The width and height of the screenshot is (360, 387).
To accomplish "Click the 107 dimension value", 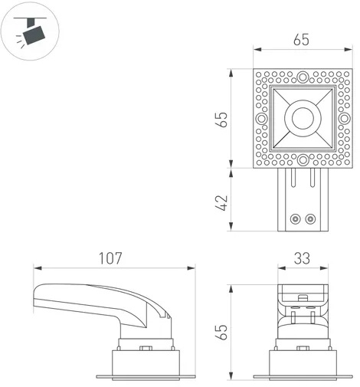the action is (110, 258).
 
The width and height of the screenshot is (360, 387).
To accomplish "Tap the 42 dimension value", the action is (222, 203).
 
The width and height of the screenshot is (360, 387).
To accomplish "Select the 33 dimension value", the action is (302, 258).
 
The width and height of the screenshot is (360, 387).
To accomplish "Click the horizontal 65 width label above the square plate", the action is (301, 40).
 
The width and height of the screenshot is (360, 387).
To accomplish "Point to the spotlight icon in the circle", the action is (30, 32).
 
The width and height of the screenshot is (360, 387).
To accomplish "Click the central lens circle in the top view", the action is (303, 118).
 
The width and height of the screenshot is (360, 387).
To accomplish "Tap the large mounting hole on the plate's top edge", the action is (303, 77).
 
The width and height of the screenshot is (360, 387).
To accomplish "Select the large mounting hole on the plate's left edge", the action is (261, 118).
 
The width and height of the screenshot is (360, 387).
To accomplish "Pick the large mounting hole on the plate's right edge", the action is (345, 118).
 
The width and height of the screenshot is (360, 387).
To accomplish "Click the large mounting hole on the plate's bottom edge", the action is (303, 160).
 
